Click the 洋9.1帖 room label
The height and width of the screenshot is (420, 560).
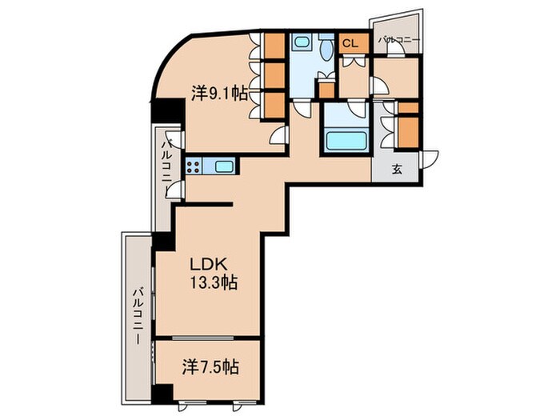click(x=219, y=94)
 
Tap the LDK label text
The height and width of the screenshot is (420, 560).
click(x=208, y=265)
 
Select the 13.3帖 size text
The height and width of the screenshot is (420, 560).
click(x=214, y=283)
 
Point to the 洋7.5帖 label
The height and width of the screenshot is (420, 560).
click(x=210, y=366)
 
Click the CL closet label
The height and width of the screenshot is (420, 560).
click(x=350, y=43)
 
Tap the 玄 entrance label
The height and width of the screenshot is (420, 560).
click(x=397, y=170)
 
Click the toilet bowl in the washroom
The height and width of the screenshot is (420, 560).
click(x=326, y=50)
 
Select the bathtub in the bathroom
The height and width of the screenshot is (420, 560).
click(x=346, y=141)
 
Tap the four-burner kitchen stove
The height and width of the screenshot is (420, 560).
click(x=194, y=166)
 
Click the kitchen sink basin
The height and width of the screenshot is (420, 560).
click(x=224, y=166)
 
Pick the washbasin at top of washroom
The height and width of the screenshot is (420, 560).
click(x=302, y=42)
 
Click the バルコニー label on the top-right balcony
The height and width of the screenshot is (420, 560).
click(x=399, y=40)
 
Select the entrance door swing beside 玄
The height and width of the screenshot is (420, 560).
click(x=430, y=159)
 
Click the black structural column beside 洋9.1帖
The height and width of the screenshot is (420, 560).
click(x=168, y=111)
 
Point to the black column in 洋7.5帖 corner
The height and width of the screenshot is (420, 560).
click(x=162, y=394)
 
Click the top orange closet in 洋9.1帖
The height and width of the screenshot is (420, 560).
click(x=274, y=46)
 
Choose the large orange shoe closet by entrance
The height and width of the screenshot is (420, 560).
click(x=408, y=132)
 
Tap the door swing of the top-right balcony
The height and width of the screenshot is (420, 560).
click(x=396, y=50)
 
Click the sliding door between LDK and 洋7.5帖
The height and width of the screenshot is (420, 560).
click(x=206, y=337)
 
